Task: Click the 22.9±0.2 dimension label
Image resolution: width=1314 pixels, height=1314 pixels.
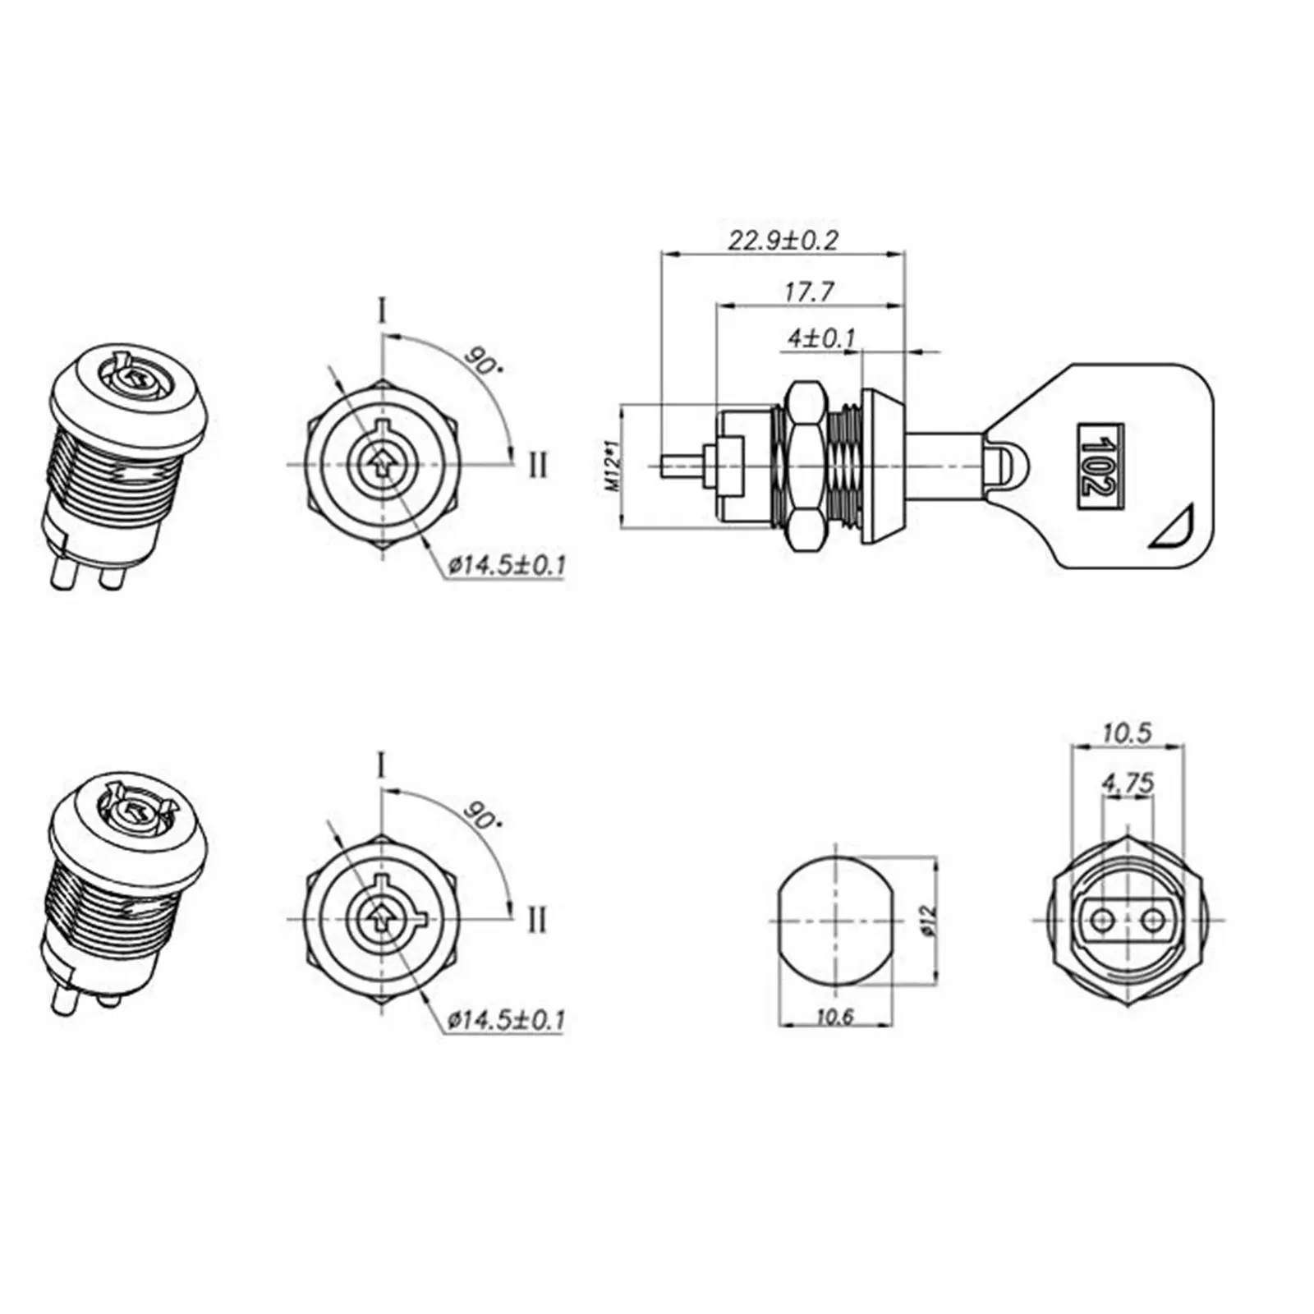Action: [x=783, y=240]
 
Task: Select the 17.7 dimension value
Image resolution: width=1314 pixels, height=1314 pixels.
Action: [x=809, y=291]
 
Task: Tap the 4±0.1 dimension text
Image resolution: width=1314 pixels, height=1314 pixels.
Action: [x=821, y=338]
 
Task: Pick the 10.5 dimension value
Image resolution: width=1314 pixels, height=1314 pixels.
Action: [x=1127, y=732]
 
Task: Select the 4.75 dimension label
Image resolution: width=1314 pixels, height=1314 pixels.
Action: [x=1128, y=783]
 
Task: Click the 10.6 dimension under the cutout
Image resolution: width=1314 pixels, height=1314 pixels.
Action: [x=835, y=1017]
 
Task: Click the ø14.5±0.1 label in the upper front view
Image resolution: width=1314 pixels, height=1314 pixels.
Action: [x=507, y=565]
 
